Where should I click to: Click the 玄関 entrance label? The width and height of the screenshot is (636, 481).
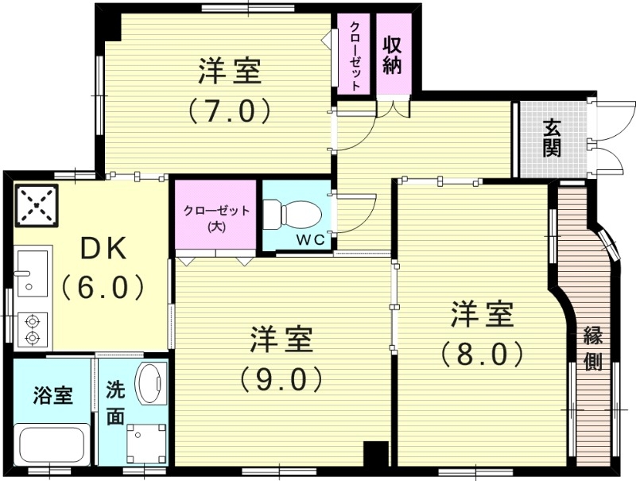(x=553, y=137)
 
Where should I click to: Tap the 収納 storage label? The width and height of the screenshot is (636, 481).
(x=391, y=54)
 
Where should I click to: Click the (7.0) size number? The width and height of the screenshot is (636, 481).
(x=230, y=111)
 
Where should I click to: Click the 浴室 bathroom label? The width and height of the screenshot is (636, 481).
(x=53, y=395)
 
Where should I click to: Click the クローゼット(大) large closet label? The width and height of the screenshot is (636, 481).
(x=216, y=217)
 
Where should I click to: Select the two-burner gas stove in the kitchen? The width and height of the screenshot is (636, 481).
(x=33, y=329)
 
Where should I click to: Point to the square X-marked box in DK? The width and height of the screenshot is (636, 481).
(x=36, y=204)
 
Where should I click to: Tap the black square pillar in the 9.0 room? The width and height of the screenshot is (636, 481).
(x=374, y=454)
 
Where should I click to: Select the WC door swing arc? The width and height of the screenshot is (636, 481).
(x=362, y=211)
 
